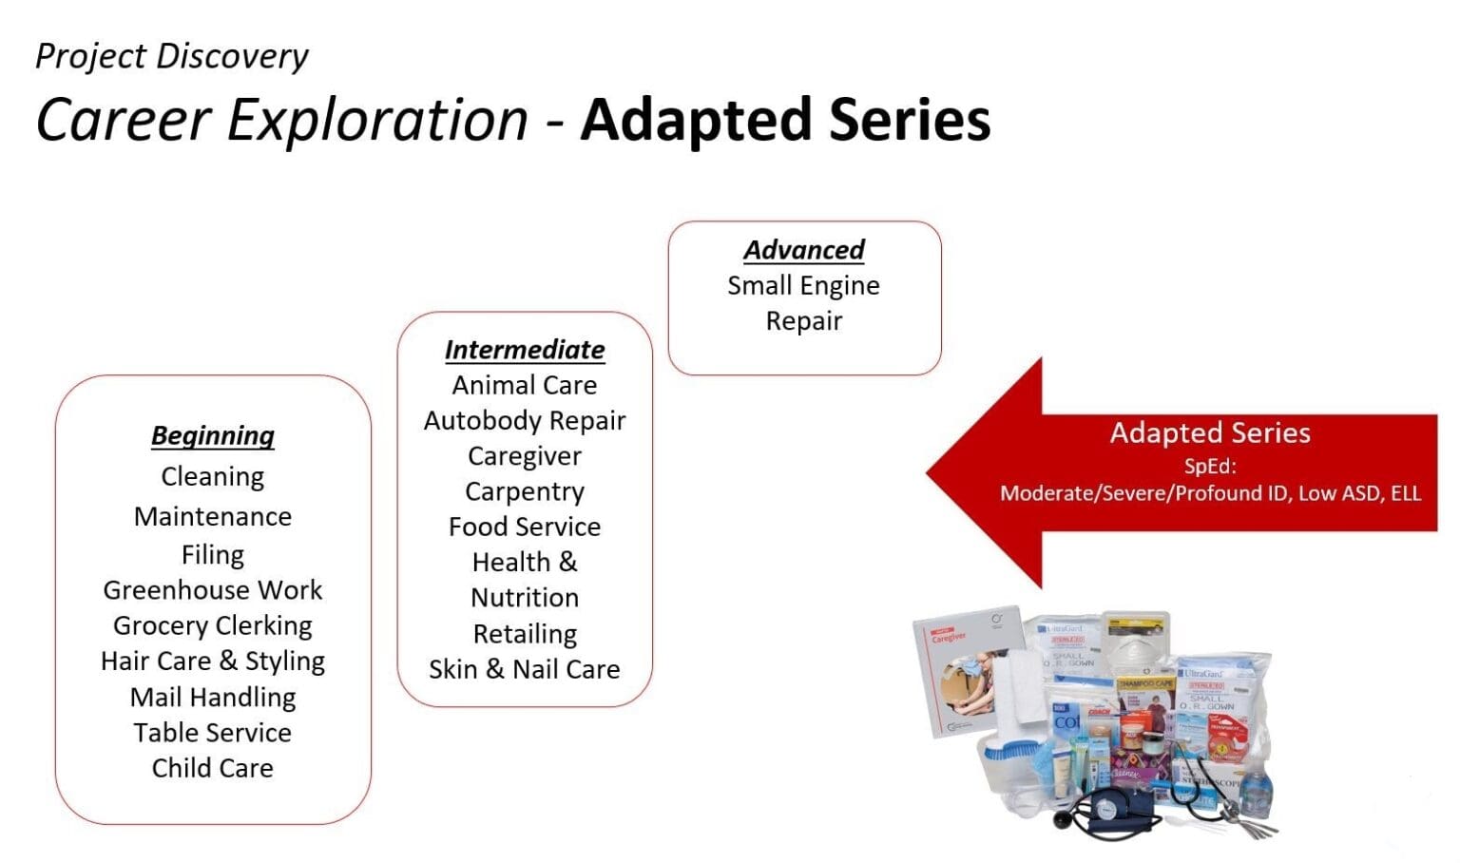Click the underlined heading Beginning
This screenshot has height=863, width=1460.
click(x=213, y=435)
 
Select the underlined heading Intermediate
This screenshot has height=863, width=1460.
click(x=525, y=350)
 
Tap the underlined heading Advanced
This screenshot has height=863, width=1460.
click(x=804, y=250)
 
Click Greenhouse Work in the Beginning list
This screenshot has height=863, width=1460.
click(x=213, y=590)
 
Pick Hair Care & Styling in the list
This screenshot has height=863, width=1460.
click(x=213, y=661)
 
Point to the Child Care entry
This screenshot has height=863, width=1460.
click(x=213, y=768)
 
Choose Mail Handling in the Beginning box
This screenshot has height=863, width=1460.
click(x=213, y=698)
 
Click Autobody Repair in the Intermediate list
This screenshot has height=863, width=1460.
click(x=525, y=420)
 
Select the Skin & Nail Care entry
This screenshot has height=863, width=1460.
click(x=525, y=669)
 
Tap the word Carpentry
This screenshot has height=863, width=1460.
click(x=525, y=491)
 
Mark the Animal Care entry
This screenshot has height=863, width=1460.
click(x=525, y=385)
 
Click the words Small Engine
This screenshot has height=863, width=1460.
click(x=804, y=285)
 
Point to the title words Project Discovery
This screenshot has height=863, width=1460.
click(x=172, y=56)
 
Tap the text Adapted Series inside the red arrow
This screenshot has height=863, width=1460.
click(x=1210, y=433)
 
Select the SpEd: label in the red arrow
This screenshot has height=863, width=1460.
click(x=1210, y=466)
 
